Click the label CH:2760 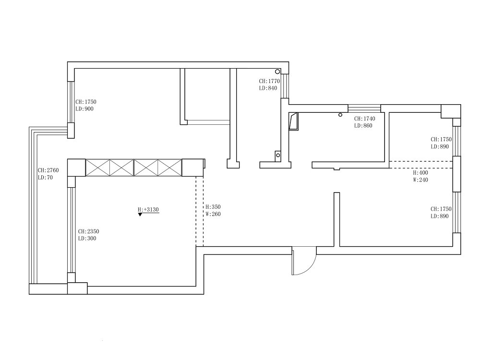coord(48,170)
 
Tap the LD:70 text coord(45,178)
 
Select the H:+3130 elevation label coord(148,210)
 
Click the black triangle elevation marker coord(140,215)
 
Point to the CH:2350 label coord(88,232)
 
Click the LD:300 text coord(87,239)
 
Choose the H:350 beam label coord(213,207)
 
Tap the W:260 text coord(213,214)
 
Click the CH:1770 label coord(269,81)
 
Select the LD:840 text coord(268,88)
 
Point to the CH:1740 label coord(365,119)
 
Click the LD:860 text coord(363,126)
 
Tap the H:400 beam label coord(420,173)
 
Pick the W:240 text coord(420,180)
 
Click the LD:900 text coord(84,109)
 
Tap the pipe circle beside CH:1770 coord(277,72)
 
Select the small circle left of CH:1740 coord(340,115)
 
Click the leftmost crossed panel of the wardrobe coord(97,168)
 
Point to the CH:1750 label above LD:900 coord(86,102)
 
